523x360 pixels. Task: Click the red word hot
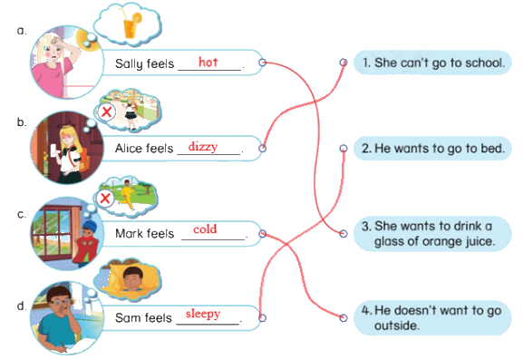click(x=208, y=62)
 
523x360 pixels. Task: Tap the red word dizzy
click(x=203, y=147)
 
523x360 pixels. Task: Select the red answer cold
click(x=205, y=229)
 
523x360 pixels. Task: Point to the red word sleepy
click(x=203, y=314)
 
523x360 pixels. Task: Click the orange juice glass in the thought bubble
click(x=131, y=25)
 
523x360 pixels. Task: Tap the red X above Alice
click(x=106, y=112)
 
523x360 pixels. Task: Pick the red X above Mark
click(x=105, y=199)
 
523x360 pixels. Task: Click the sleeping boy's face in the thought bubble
click(x=133, y=277)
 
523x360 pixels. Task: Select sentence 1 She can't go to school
click(x=433, y=63)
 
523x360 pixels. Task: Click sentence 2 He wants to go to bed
click(x=432, y=149)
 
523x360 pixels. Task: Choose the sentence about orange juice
click(x=428, y=234)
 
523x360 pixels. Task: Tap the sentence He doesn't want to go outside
click(x=431, y=317)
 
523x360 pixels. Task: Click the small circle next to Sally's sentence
click(x=263, y=63)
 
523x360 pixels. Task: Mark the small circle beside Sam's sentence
click(x=262, y=318)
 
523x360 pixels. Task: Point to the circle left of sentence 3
click(x=344, y=234)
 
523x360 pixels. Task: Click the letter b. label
click(x=22, y=122)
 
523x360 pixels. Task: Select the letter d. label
click(x=22, y=306)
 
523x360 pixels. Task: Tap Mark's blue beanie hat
click(x=90, y=227)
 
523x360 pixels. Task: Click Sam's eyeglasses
click(x=61, y=302)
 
